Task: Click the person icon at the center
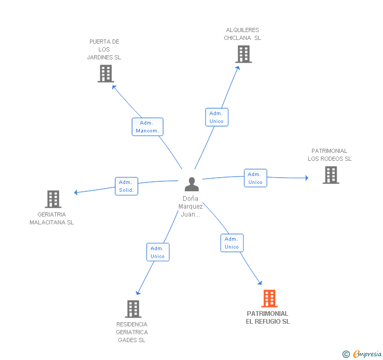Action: click(x=191, y=184)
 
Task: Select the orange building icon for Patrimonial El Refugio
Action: click(x=269, y=299)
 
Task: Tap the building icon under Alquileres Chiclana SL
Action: click(x=244, y=54)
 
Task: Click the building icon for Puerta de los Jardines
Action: click(x=106, y=74)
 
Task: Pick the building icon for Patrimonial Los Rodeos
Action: click(x=331, y=175)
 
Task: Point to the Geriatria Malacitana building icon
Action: click(x=53, y=199)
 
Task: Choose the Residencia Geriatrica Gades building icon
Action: click(x=133, y=309)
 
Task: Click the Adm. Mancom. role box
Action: click(x=147, y=127)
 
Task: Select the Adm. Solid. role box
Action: click(x=126, y=186)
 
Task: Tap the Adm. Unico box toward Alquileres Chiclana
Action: click(x=217, y=117)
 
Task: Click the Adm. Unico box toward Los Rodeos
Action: click(x=256, y=178)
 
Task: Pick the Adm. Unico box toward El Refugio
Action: click(x=232, y=243)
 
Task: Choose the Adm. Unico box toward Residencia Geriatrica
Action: click(x=158, y=252)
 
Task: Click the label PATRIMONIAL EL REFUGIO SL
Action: click(x=268, y=317)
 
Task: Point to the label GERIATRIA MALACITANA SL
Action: click(x=52, y=219)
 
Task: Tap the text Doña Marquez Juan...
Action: click(x=190, y=207)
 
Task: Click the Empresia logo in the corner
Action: click(x=362, y=354)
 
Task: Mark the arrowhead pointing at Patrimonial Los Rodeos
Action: click(x=307, y=178)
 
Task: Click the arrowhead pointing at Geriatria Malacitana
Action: click(x=76, y=192)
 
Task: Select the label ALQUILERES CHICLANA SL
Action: click(x=243, y=34)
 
